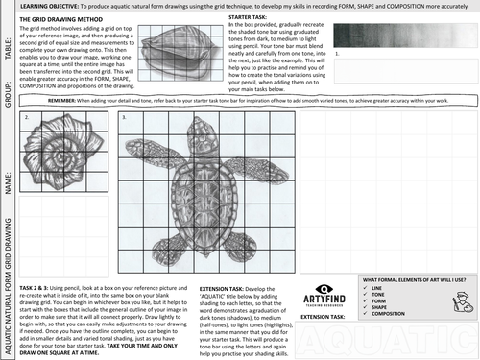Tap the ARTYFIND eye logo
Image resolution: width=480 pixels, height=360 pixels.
[323, 287]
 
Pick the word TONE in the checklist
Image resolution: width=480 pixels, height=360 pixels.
[375, 294]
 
